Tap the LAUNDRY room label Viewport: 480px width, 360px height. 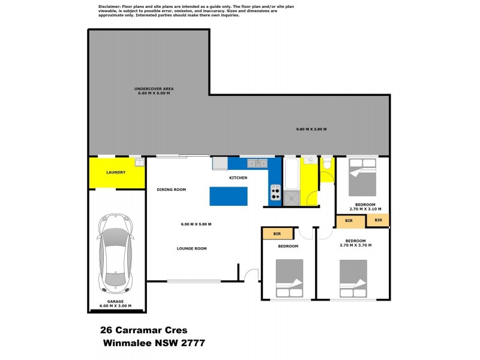click(x=116, y=173)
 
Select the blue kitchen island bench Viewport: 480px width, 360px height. click(x=228, y=196)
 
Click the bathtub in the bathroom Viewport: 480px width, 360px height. click(x=290, y=174)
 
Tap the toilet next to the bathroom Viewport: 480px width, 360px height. click(x=327, y=163)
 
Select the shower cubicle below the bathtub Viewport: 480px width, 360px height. click(x=290, y=199)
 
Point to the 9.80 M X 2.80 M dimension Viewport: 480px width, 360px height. click(x=311, y=129)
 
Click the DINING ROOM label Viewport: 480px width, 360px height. click(x=172, y=190)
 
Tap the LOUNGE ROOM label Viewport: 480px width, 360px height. click(x=191, y=248)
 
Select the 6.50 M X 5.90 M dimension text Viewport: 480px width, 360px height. click(x=196, y=224)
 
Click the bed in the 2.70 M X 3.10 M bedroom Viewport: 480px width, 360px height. click(x=362, y=178)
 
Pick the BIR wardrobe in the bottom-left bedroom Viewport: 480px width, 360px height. click(x=277, y=233)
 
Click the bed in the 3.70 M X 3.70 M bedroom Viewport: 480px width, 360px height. click(x=353, y=278)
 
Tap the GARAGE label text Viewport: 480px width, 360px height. click(x=116, y=301)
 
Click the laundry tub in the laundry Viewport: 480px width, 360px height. click(x=139, y=161)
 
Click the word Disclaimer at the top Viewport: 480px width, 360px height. click(x=108, y=5)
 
